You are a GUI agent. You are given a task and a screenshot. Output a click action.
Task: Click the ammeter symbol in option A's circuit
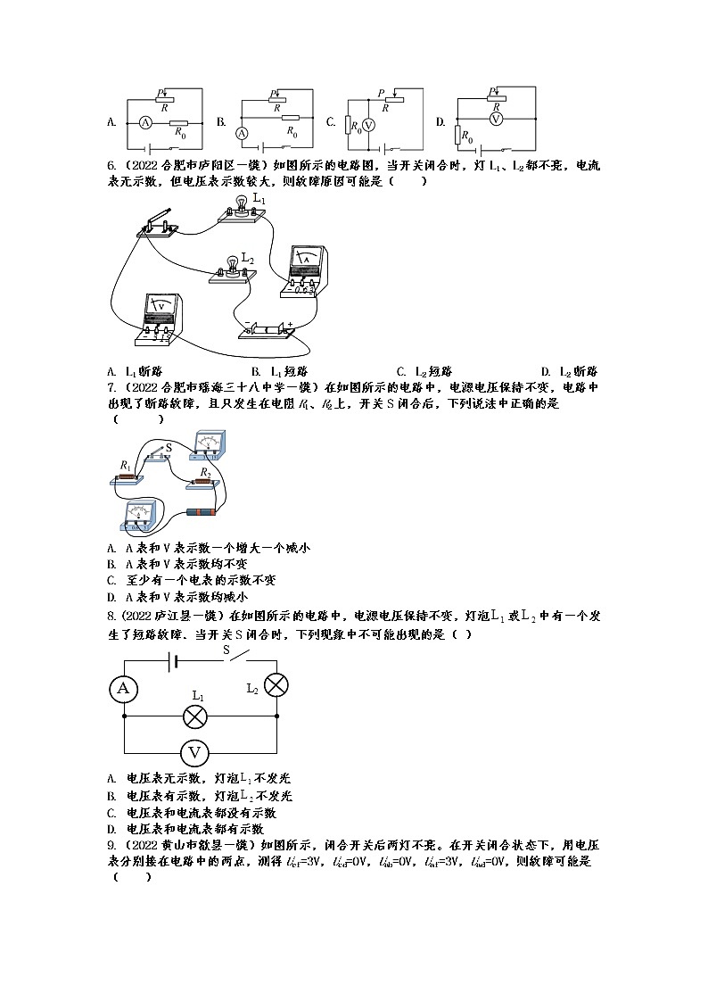pyautogui.click(x=144, y=123)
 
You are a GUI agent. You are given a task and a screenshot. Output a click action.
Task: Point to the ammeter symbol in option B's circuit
pyautogui.click(x=241, y=133)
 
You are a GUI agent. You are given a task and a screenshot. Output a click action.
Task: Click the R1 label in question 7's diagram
pyautogui.click(x=125, y=465)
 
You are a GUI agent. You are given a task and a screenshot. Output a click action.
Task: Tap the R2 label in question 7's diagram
pyautogui.click(x=204, y=470)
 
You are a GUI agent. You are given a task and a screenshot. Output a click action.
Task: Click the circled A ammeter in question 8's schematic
pyautogui.click(x=123, y=687)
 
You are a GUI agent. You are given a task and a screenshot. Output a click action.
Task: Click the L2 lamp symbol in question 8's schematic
pyautogui.click(x=276, y=685)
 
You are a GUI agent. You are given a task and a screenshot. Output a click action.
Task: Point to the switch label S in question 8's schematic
pyautogui.click(x=226, y=651)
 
